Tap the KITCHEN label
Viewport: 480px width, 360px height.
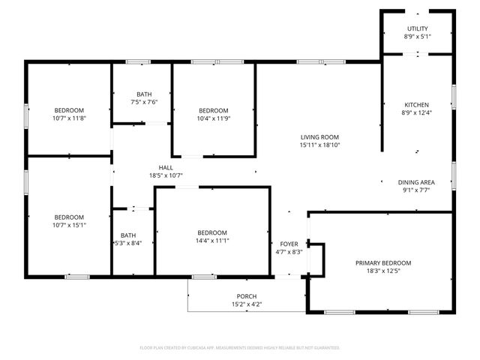pos(417,104)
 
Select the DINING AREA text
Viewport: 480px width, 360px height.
pos(417,182)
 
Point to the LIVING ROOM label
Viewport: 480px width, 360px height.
pos(320,137)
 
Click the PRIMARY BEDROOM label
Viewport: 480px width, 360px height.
pos(383,262)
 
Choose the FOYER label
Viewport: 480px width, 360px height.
pos(289,244)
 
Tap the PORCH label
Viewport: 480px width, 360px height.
pos(247,296)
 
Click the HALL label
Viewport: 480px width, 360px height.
pos(166,167)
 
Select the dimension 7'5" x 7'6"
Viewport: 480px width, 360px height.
pos(144,102)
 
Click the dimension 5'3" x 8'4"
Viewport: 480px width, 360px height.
pos(128,243)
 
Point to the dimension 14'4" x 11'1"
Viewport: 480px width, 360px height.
pos(212,241)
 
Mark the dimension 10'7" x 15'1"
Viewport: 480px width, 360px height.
pos(69,225)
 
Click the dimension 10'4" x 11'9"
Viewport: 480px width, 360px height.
pos(213,118)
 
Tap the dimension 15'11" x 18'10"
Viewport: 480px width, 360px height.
pos(320,145)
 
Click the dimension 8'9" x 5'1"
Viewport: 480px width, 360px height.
pos(417,36)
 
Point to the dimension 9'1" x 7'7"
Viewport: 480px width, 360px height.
pos(417,190)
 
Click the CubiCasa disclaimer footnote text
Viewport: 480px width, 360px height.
pos(240,348)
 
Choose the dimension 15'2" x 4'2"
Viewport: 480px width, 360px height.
pos(247,304)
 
